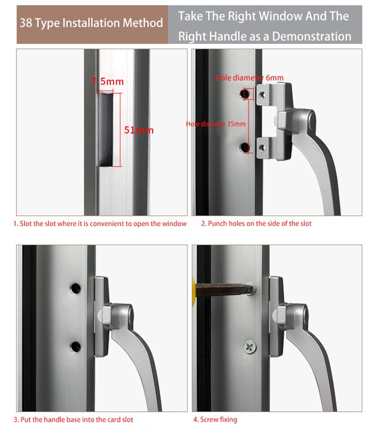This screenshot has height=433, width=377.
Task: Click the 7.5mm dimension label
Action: [x=107, y=82]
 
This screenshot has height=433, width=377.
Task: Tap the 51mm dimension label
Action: [x=139, y=130]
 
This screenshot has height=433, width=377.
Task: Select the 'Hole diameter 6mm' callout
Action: [x=249, y=78]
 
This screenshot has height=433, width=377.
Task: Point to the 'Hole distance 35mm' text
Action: [x=216, y=124]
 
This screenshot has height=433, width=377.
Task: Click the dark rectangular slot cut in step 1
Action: [x=106, y=129]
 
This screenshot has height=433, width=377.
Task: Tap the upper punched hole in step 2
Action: [x=245, y=94]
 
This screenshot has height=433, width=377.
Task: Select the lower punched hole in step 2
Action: [x=244, y=147]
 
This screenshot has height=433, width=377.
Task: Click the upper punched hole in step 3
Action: [x=75, y=288]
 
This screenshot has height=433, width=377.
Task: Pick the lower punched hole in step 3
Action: [x=75, y=347]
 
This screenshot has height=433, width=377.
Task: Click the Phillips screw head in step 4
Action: [x=250, y=347]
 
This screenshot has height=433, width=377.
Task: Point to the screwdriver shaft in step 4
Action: [x=224, y=289]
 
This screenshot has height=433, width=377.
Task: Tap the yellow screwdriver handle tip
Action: [x=194, y=289]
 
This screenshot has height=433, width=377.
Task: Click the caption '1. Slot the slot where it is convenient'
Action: [x=100, y=223]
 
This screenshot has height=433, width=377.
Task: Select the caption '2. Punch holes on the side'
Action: [x=256, y=223]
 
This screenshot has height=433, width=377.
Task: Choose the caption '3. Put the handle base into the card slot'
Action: [x=74, y=419]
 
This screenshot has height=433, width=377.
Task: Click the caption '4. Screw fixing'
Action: [x=215, y=419]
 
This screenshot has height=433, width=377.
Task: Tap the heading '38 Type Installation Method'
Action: [x=91, y=23]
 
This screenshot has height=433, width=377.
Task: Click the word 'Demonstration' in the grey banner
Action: [x=311, y=36]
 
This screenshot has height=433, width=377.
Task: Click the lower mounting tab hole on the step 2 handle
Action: [x=262, y=148]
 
